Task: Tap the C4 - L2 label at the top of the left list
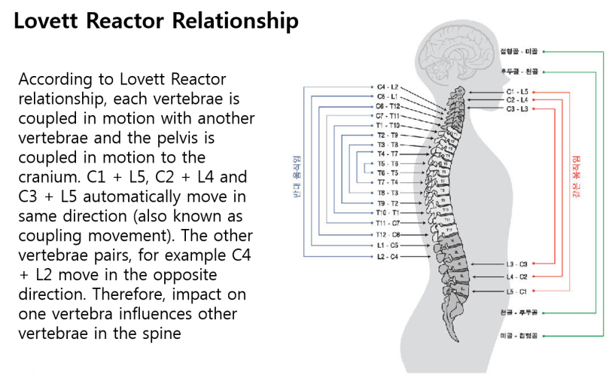pyautogui.click(x=388, y=88)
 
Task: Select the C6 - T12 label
pyautogui.click(x=388, y=107)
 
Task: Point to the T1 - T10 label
pyautogui.click(x=388, y=126)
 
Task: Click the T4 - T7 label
pyautogui.click(x=388, y=154)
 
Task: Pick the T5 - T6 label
pyautogui.click(x=388, y=163)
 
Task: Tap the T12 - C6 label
pyautogui.click(x=388, y=235)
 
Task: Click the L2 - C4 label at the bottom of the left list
pyautogui.click(x=388, y=257)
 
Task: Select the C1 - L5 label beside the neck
pyautogui.click(x=517, y=91)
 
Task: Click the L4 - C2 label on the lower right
pyautogui.click(x=517, y=277)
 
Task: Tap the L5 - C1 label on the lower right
pyautogui.click(x=517, y=291)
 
